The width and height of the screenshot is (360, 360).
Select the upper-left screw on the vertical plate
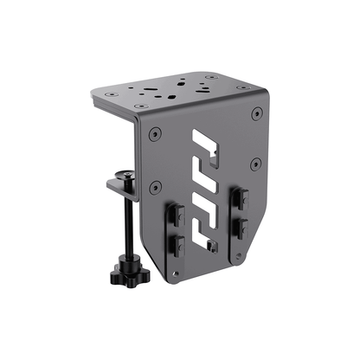[x=153, y=134]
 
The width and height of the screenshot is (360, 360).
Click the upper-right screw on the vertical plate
[x=254, y=113]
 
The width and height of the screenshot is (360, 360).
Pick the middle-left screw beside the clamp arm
[x=154, y=186]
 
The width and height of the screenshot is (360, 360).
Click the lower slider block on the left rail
[x=177, y=244]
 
